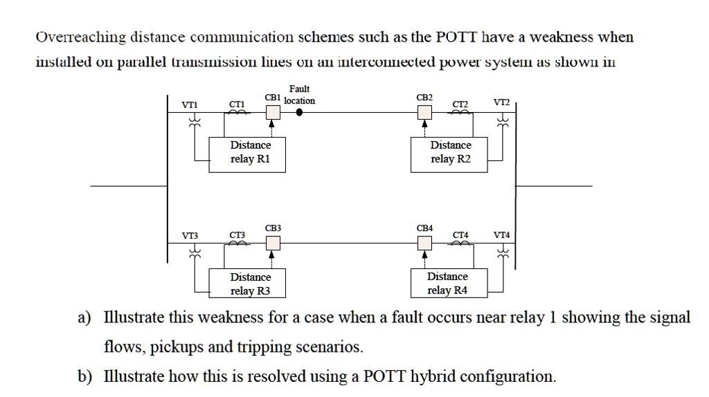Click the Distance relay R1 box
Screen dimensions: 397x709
[x=250, y=153]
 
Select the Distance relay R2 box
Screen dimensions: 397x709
[x=450, y=153]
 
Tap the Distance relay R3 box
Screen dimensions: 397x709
[x=250, y=283]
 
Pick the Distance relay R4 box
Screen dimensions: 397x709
[x=447, y=283]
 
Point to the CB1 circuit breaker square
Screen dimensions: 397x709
[x=273, y=111]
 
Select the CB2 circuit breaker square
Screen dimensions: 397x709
[x=424, y=111]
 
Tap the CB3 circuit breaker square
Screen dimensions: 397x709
[x=273, y=242]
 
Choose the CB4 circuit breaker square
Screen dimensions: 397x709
[x=424, y=242]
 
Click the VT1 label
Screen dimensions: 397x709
[x=189, y=104]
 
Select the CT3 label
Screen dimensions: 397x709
[x=237, y=235]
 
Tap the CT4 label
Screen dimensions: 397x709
[x=460, y=235]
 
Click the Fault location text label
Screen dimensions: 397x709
[x=299, y=95]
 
